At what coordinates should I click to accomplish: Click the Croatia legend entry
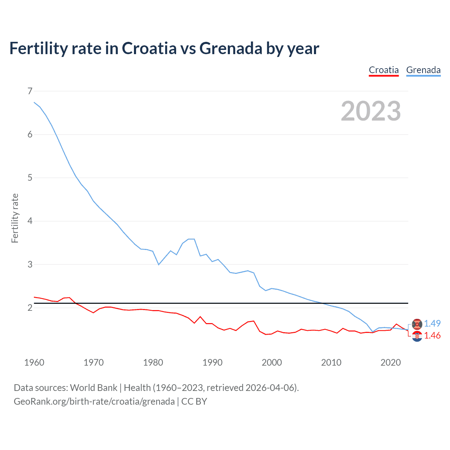pos(384,70)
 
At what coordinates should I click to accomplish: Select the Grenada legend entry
pos(423,70)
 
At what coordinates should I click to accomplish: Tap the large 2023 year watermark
pos(371,111)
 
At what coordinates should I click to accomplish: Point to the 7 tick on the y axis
pos(30,91)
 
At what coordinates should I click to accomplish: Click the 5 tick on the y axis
pos(30,178)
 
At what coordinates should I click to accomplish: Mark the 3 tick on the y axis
pos(30,264)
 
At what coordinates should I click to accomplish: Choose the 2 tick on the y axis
pos(30,308)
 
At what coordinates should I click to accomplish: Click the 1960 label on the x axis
pos(34,362)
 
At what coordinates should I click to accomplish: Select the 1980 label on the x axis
pos(153,362)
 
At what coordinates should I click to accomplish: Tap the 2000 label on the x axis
pos(272,362)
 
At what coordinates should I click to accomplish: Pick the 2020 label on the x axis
pos(391,362)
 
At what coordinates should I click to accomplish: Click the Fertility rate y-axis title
pos(15,218)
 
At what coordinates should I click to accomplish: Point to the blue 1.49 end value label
pos(432,323)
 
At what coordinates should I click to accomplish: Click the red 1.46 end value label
pos(432,336)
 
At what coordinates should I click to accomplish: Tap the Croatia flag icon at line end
pos(417,336)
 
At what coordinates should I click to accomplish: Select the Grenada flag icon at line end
pos(417,324)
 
